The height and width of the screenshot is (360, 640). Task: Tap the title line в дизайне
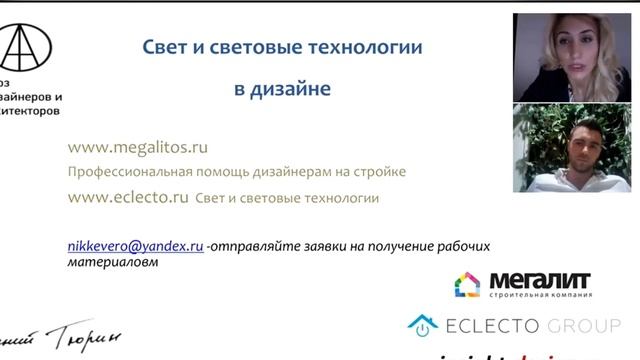point(282,89)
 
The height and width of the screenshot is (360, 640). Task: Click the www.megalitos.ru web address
point(138,147)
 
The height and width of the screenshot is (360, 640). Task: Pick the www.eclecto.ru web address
point(128,197)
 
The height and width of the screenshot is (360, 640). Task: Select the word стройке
point(381,172)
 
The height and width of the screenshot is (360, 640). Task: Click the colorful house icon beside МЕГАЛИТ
point(467,285)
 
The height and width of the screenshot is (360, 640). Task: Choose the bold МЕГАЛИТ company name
point(540,280)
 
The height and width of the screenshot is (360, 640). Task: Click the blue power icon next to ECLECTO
point(423,325)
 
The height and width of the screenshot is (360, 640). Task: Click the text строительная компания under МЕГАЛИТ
point(540,295)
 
